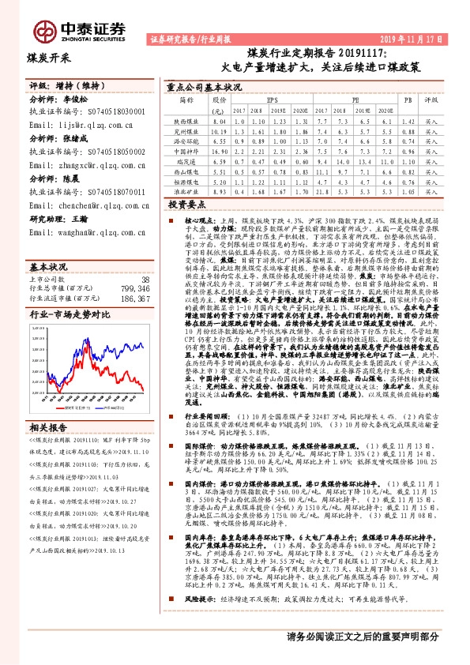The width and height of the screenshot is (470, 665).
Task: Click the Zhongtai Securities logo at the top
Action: [x=79, y=30]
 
